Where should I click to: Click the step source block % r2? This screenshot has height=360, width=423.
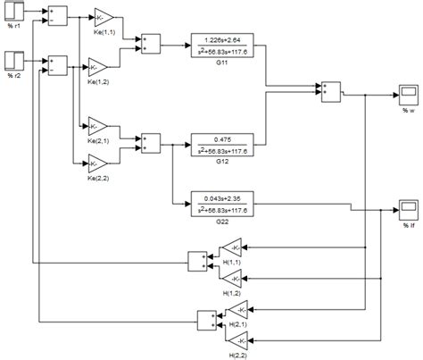pyautogui.click(x=13, y=63)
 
